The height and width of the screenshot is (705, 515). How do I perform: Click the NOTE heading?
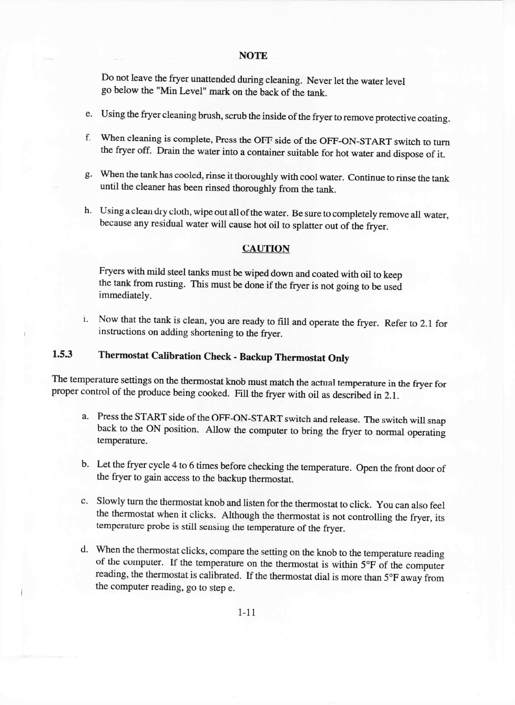[x=253, y=56]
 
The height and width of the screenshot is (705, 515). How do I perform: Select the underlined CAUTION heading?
[x=266, y=248]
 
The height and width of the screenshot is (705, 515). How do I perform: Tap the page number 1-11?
[x=246, y=613]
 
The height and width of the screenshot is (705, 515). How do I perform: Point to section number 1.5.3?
[x=62, y=355]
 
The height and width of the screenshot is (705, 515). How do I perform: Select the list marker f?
[x=88, y=137]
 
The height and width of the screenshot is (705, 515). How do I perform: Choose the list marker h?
[x=88, y=210]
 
